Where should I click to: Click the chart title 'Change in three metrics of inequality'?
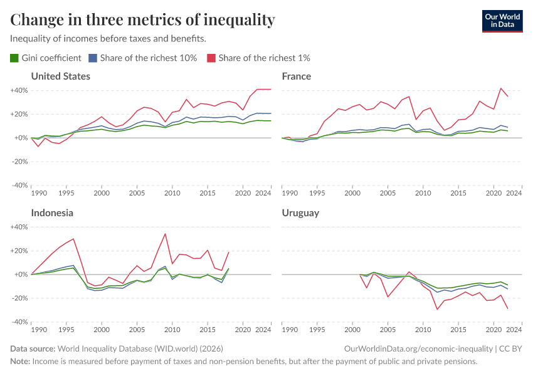click(143, 20)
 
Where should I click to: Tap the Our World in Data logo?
click(502, 20)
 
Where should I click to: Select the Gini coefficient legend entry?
click(46, 58)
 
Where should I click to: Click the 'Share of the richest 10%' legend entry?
click(143, 58)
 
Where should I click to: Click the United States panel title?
click(61, 76)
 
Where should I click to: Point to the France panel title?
click(297, 76)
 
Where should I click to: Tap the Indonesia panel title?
click(52, 213)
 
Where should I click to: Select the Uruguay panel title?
click(300, 213)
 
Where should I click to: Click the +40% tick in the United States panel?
click(19, 90)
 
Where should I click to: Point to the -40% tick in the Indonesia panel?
click(19, 322)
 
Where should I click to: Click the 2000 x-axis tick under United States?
click(102, 194)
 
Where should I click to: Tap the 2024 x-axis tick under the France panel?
click(514, 194)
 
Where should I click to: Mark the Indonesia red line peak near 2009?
click(165, 234)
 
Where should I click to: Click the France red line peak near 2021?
click(500, 88)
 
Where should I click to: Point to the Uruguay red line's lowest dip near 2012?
click(438, 309)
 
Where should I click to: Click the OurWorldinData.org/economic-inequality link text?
click(419, 348)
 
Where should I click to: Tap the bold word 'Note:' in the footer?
click(20, 362)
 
